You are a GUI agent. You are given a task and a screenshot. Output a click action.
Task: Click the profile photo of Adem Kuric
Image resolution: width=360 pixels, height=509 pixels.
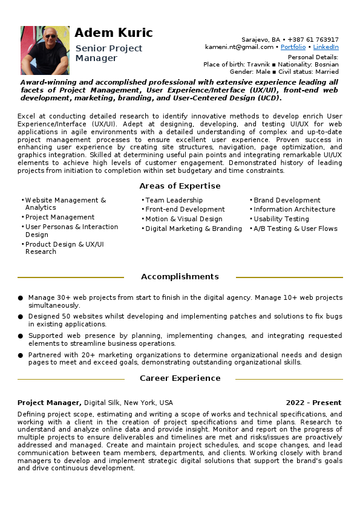pyautogui.click(x=45, y=50)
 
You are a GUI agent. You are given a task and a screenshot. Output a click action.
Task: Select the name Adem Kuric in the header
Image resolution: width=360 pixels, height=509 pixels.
pyautogui.click(x=114, y=33)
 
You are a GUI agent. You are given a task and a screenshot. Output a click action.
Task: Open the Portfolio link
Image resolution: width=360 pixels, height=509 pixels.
pyautogui.click(x=293, y=47)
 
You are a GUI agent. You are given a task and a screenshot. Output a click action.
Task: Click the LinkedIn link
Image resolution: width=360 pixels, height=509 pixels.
pyautogui.click(x=326, y=47)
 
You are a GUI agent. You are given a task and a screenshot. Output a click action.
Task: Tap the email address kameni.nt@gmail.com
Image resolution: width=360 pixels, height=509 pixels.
pyautogui.click(x=240, y=47)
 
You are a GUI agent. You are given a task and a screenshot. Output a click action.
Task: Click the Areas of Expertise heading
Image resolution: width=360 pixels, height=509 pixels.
pyautogui.click(x=180, y=186)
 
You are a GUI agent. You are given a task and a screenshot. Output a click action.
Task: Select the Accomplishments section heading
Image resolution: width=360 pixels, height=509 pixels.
pyautogui.click(x=180, y=277)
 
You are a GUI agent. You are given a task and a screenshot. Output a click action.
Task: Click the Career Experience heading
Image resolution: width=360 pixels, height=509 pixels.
pyautogui.click(x=180, y=378)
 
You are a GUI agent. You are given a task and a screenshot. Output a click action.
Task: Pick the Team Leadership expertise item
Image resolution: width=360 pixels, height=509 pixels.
pyautogui.click(x=174, y=200)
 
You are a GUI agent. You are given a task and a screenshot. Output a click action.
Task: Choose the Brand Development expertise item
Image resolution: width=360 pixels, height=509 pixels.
pyautogui.click(x=287, y=200)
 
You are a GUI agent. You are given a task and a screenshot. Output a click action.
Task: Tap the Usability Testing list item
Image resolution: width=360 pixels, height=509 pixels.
pyautogui.click(x=281, y=219)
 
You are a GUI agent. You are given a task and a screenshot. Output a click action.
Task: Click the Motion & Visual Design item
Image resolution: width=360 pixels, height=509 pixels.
pyautogui.click(x=184, y=219)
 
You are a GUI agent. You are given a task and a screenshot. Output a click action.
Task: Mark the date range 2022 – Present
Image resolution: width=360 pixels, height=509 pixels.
pyautogui.click(x=313, y=403)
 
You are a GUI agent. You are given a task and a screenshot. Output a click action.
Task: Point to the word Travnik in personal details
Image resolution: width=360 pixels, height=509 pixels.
pyautogui.click(x=250, y=64)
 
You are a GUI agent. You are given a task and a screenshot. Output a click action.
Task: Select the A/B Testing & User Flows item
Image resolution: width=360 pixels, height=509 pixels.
pyautogui.click(x=295, y=229)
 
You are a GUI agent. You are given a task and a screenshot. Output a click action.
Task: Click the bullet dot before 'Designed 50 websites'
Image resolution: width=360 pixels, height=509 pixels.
pyautogui.click(x=21, y=316)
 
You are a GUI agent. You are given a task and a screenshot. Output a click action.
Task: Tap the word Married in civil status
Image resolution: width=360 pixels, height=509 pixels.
pyautogui.click(x=327, y=71)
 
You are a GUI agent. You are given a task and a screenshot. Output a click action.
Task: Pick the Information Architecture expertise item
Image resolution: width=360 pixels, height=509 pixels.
pyautogui.click(x=294, y=210)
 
